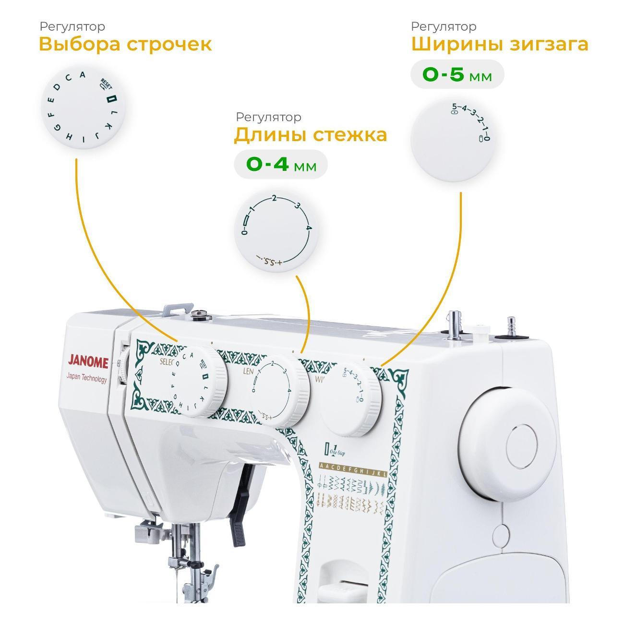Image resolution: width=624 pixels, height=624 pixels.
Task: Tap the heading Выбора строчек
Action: point(125,44)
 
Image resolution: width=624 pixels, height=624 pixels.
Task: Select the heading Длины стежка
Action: point(310,135)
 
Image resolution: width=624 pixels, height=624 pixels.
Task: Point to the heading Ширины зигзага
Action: point(500,44)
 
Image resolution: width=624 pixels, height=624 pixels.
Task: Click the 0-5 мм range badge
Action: point(457,75)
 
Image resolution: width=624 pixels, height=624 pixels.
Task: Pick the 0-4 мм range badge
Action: point(281,165)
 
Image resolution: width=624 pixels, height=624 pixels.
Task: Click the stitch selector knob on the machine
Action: point(199,382)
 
